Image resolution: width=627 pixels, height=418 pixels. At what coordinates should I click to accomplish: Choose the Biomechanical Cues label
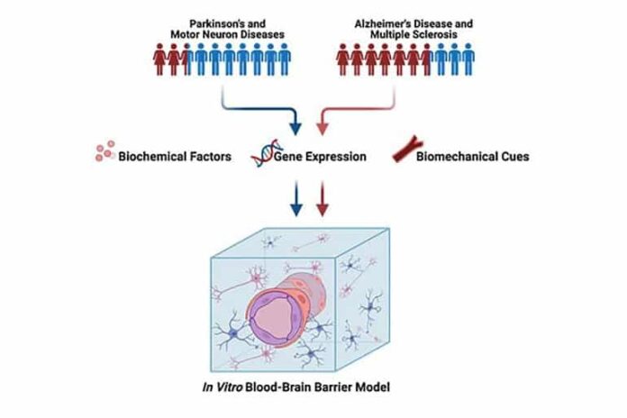[x=472, y=157]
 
